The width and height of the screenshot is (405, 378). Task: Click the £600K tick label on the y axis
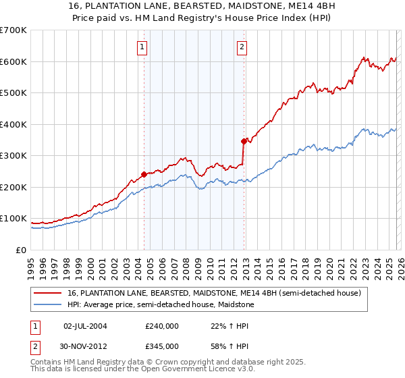(13, 61)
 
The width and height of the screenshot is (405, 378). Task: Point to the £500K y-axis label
(13, 92)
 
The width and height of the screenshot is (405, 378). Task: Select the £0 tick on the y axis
(21, 250)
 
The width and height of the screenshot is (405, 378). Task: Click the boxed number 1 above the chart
(143, 47)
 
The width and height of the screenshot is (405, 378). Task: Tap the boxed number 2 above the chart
(242, 47)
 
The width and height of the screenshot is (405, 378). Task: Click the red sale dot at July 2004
(144, 174)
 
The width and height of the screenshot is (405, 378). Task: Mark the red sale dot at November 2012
(244, 141)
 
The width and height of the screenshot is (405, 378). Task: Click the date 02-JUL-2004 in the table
(85, 325)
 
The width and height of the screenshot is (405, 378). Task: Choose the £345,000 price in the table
(162, 346)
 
